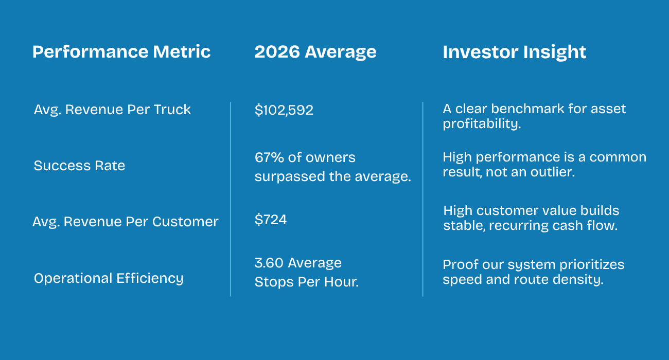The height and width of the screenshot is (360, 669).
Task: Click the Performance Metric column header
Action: point(121,52)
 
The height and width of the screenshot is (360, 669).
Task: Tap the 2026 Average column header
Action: point(315,52)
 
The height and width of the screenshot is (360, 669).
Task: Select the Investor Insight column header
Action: point(514,52)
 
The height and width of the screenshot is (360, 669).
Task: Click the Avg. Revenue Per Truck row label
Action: point(112,110)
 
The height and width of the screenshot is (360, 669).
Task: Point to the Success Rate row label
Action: point(79,166)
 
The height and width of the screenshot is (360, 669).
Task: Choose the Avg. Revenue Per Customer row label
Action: point(126,222)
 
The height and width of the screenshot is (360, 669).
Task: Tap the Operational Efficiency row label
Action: point(108,278)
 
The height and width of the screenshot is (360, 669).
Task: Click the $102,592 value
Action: point(284,110)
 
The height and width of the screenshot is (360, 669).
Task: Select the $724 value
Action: point(271,220)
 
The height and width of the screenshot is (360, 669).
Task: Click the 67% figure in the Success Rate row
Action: point(267,157)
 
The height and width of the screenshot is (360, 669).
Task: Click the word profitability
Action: point(482,124)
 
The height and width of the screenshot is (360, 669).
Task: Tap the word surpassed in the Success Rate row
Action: point(285,176)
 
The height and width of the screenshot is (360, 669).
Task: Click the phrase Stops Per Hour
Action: point(306,282)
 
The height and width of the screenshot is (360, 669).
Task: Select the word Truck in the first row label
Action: point(175,110)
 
